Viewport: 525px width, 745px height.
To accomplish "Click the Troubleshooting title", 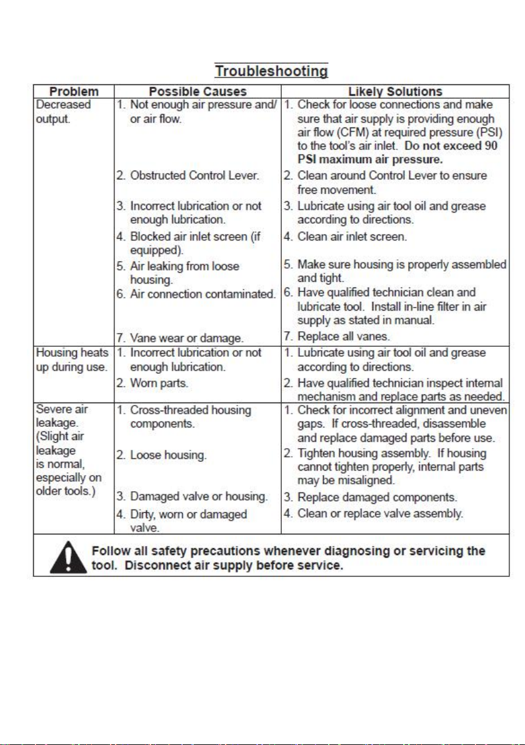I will [271, 71].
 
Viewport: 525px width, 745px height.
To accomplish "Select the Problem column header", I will [74, 92].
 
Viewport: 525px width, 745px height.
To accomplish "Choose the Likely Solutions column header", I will [395, 92].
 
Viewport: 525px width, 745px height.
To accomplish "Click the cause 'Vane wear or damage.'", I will [186, 338].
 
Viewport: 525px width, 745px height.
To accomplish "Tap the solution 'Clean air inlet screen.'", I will [352, 237].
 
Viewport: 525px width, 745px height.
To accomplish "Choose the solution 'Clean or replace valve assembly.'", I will [379, 514].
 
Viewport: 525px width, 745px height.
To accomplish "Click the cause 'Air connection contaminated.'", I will [202, 293].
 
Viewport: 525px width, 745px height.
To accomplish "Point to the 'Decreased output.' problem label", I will [61, 111].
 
